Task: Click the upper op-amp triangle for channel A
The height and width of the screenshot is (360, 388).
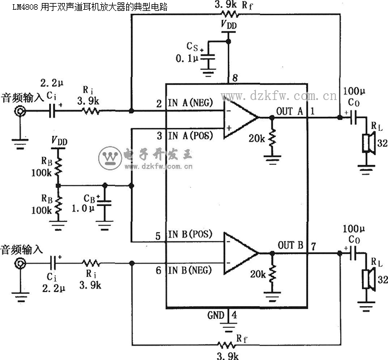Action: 241,118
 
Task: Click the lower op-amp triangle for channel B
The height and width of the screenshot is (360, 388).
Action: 241,253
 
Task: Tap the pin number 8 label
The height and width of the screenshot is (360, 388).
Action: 235,78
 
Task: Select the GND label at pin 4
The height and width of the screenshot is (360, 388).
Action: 216,315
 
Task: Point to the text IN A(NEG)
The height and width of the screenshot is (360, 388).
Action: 190,102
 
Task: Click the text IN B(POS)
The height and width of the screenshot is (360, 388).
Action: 190,234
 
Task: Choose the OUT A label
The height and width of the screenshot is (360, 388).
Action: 290,112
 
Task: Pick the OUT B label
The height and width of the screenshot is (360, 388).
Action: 290,245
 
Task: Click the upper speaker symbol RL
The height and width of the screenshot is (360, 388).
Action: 369,143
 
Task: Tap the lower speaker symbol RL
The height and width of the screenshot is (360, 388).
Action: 369,279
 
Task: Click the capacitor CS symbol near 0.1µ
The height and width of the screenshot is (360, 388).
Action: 208,58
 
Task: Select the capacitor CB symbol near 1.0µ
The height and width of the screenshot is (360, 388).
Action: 104,203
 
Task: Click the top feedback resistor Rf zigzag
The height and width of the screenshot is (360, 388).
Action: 230,14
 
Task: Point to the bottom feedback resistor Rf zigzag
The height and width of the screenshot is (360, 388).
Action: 226,344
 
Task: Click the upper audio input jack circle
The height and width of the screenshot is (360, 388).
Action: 20,111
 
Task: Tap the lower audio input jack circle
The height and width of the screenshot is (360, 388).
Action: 20,264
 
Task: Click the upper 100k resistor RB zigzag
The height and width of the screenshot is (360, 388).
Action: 58,167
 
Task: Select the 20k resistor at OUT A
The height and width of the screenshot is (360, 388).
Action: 272,138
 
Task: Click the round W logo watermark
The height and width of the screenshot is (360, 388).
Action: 110,158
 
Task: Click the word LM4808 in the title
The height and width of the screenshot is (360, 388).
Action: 25,7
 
